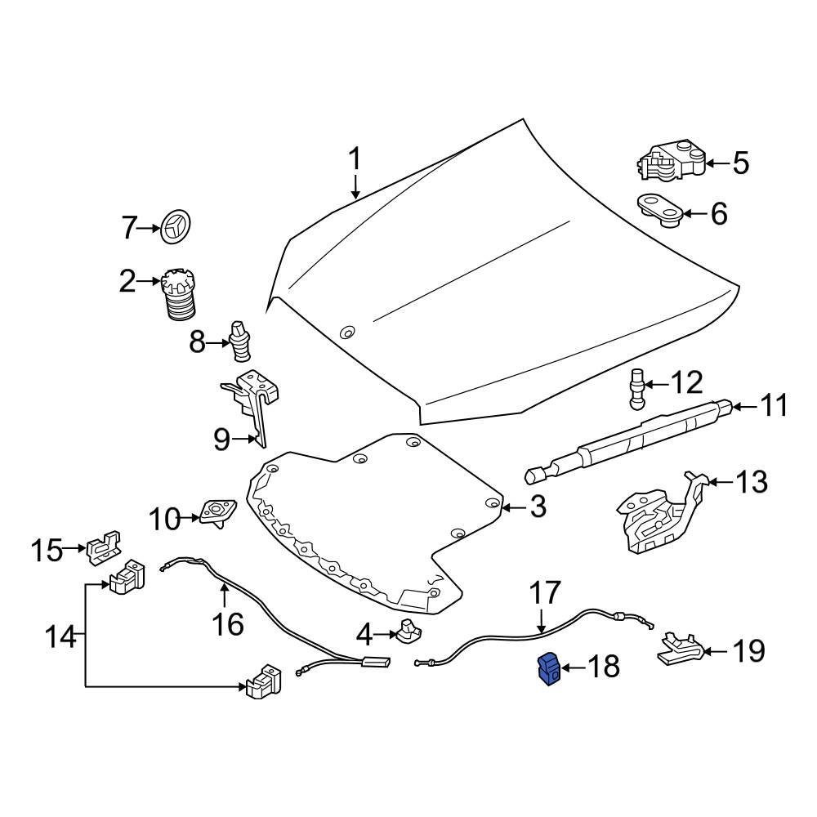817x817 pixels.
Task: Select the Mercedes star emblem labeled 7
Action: (175, 227)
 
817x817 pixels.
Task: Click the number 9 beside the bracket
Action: (222, 440)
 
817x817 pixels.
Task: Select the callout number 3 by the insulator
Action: (537, 507)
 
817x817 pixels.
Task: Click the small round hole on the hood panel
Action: (347, 333)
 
